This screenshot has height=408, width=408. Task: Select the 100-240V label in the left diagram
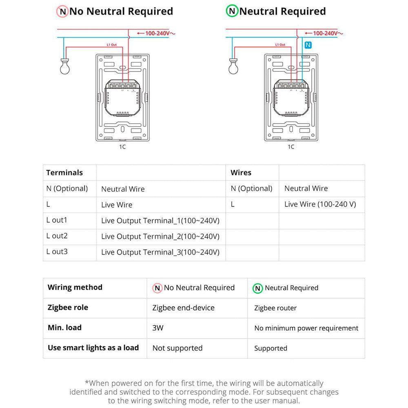[157, 33]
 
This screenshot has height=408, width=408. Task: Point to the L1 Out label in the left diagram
[111, 44]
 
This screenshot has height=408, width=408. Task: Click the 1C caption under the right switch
[291, 147]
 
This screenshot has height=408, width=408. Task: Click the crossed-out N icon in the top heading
[62, 11]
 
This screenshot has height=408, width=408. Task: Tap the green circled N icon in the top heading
[232, 11]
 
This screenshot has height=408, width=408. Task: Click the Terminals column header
[64, 173]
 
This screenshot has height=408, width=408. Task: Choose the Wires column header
[241, 173]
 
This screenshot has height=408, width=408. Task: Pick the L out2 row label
[57, 236]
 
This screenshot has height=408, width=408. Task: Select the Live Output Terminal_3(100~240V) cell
[160, 252]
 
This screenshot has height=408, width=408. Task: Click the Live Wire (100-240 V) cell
[320, 204]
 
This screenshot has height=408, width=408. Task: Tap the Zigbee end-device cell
[183, 308]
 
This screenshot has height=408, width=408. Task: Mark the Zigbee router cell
[275, 308]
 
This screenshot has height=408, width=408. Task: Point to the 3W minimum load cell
[158, 328]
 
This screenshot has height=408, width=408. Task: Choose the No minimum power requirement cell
[306, 328]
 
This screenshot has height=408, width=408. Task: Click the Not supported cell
[177, 348]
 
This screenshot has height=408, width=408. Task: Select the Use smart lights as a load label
[93, 348]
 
